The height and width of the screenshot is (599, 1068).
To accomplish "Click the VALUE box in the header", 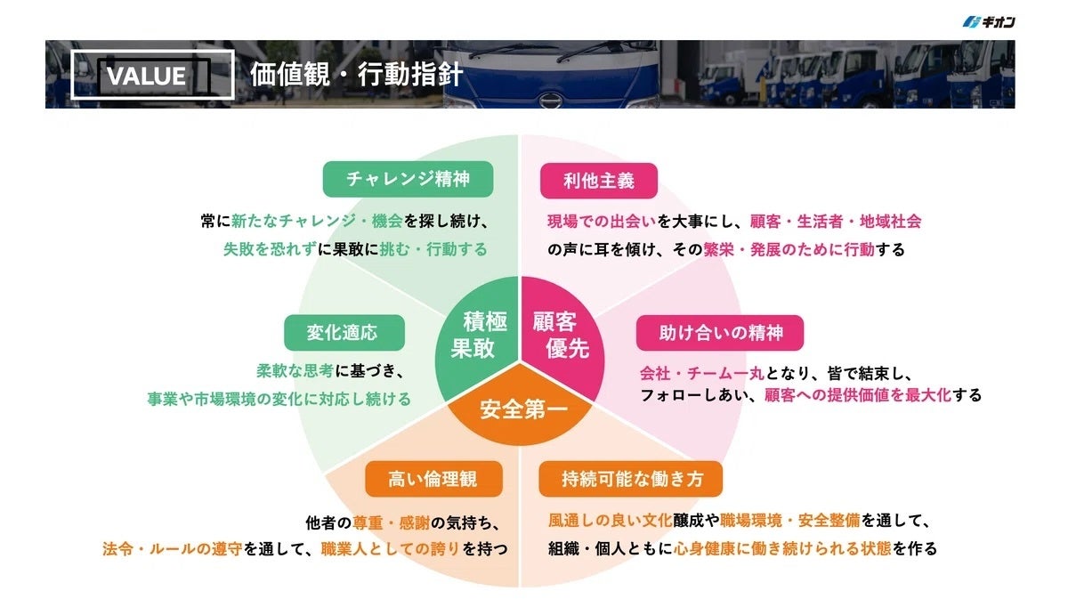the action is coord(152,75).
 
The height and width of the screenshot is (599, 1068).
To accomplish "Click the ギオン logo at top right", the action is coord(989,22).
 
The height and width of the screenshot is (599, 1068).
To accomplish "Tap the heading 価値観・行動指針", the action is coord(356,75).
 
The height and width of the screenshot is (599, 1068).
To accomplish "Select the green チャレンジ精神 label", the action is coord(409,179).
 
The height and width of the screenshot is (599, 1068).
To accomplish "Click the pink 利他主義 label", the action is coord(599,181).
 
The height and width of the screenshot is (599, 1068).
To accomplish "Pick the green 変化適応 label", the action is coord(344,332).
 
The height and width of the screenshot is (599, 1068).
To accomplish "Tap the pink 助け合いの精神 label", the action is coord(720,333).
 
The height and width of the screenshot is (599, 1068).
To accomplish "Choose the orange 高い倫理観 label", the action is coord(434,479).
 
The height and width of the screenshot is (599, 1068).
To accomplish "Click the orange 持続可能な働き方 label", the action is coord(631,479).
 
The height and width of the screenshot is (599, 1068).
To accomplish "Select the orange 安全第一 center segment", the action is coord(521,409).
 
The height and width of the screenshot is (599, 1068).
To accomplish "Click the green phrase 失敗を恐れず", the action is coord(270,249).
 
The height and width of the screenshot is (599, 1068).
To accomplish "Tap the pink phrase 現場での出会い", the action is coord(602,222).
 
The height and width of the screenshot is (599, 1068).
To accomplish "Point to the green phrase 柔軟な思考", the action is coord(295,370).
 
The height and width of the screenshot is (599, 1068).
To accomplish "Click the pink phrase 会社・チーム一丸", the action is coord(702,373).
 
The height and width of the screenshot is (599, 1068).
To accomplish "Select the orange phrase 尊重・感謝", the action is coord(391,522).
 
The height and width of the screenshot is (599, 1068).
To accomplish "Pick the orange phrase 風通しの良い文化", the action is coord(611,521).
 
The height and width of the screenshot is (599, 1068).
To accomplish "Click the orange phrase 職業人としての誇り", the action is coord(390,549).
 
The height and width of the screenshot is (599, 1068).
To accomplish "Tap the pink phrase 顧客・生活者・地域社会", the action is coord(836,222).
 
